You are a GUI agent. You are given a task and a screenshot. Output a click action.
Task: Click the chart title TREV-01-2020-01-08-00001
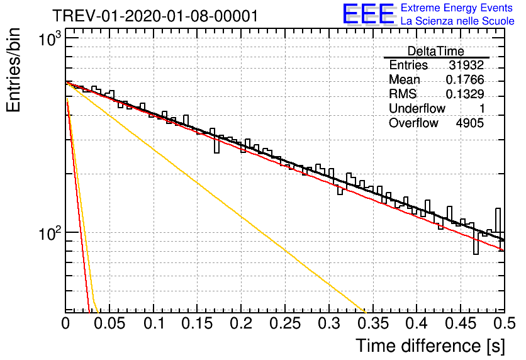[x=155, y=16]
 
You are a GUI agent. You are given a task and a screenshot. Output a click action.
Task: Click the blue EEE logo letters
[x=369, y=14]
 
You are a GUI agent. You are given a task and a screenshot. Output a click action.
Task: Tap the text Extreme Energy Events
[x=457, y=8]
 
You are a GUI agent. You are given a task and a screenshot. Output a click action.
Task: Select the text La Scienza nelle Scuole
[x=457, y=21]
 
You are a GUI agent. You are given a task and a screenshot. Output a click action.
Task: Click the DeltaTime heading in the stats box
[x=435, y=51]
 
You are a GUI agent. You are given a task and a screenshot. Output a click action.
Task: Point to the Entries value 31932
[x=467, y=65]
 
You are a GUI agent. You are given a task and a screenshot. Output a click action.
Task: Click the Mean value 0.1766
[x=465, y=79]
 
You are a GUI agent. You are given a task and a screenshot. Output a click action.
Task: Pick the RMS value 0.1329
[x=465, y=94]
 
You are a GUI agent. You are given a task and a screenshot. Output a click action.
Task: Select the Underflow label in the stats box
[x=417, y=108]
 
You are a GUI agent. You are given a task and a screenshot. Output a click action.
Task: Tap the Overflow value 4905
[x=469, y=123]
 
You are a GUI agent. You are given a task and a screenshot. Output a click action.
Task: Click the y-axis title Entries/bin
[x=13, y=70]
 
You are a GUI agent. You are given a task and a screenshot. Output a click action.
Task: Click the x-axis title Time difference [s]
[x=430, y=346]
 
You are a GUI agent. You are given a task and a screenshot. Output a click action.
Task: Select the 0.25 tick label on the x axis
[x=285, y=323]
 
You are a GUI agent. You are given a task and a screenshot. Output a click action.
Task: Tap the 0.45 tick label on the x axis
[x=461, y=323]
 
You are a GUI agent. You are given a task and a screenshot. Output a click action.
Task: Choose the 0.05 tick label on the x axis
[x=109, y=323]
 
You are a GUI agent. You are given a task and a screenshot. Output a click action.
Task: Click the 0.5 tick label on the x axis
[x=505, y=323]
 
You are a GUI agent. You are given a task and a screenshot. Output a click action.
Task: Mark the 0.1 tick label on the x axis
[x=154, y=323]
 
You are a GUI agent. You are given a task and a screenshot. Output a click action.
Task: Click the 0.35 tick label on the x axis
[x=373, y=323]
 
